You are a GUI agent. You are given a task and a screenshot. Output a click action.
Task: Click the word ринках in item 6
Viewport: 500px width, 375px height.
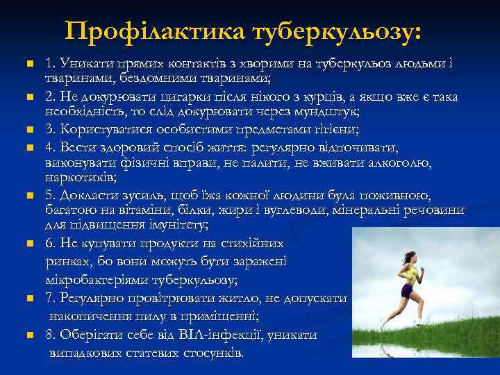pos(67,261)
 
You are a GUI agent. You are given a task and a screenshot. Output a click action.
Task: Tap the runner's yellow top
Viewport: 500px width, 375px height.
pos(411,276)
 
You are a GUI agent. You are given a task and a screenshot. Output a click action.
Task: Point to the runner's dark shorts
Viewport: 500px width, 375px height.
pos(407,290)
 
